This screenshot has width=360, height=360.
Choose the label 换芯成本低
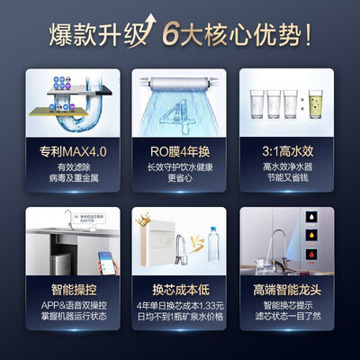pyautogui.click(x=179, y=292)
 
